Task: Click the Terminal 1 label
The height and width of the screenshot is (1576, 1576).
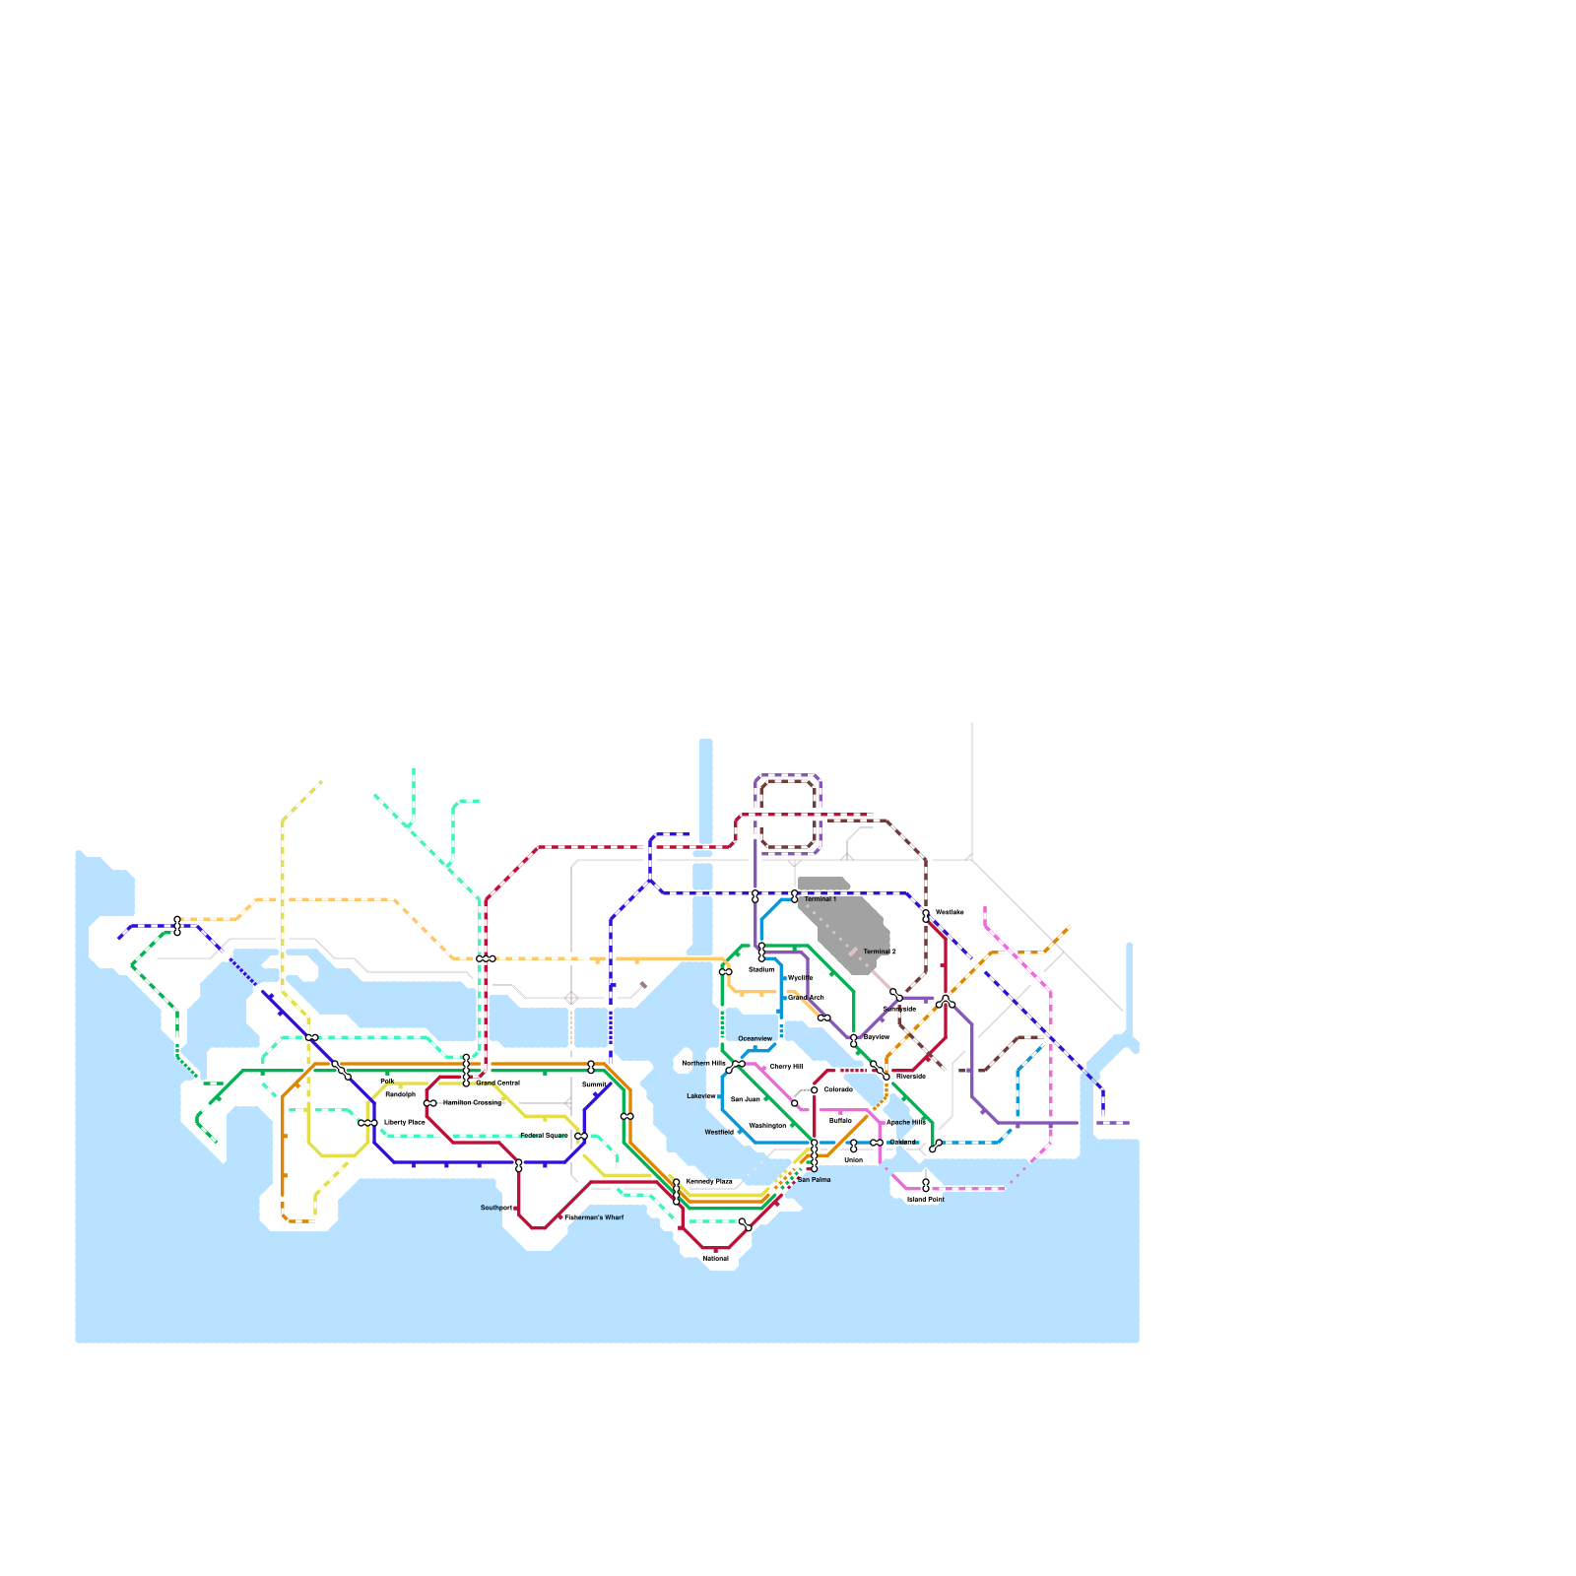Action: coord(820,899)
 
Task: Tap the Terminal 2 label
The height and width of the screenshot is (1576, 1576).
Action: coord(880,952)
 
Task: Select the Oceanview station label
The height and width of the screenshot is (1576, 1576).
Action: coord(755,1038)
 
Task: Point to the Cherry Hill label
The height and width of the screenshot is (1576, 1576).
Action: coord(786,1067)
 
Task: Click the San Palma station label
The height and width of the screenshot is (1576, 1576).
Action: coord(815,1179)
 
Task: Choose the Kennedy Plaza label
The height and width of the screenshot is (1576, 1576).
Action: coord(709,1181)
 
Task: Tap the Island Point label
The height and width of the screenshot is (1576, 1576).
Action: coord(926,1200)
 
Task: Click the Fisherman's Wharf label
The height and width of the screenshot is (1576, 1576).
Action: coord(594,1217)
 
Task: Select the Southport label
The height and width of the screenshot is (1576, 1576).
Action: coord(496,1208)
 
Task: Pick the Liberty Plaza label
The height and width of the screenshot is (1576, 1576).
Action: coord(405,1122)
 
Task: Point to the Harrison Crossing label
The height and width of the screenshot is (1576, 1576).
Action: coord(472,1102)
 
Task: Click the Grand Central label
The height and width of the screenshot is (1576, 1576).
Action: coord(497,1083)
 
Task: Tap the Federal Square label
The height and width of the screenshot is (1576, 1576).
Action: coord(544,1136)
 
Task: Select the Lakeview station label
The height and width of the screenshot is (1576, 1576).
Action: coord(701,1096)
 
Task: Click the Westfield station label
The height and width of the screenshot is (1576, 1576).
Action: coord(719,1133)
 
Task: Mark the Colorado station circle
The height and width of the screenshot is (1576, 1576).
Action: coord(815,1090)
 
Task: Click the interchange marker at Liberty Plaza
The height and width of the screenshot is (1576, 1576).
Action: coord(368,1123)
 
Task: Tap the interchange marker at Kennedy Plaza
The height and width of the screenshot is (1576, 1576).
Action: coord(677,1192)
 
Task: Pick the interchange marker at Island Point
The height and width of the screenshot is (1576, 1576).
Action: coord(926,1185)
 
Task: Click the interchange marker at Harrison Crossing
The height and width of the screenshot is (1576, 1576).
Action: coord(429,1103)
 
